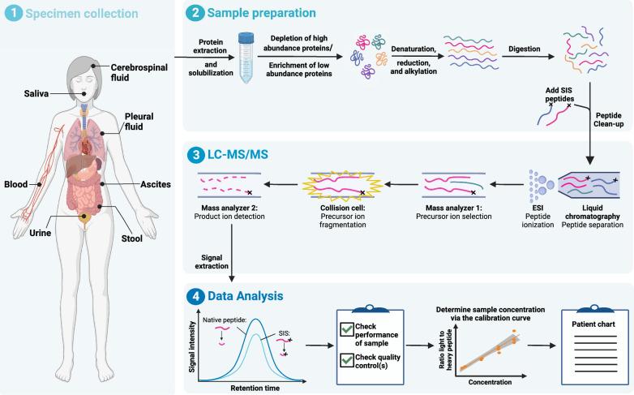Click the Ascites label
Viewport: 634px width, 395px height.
point(153,184)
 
